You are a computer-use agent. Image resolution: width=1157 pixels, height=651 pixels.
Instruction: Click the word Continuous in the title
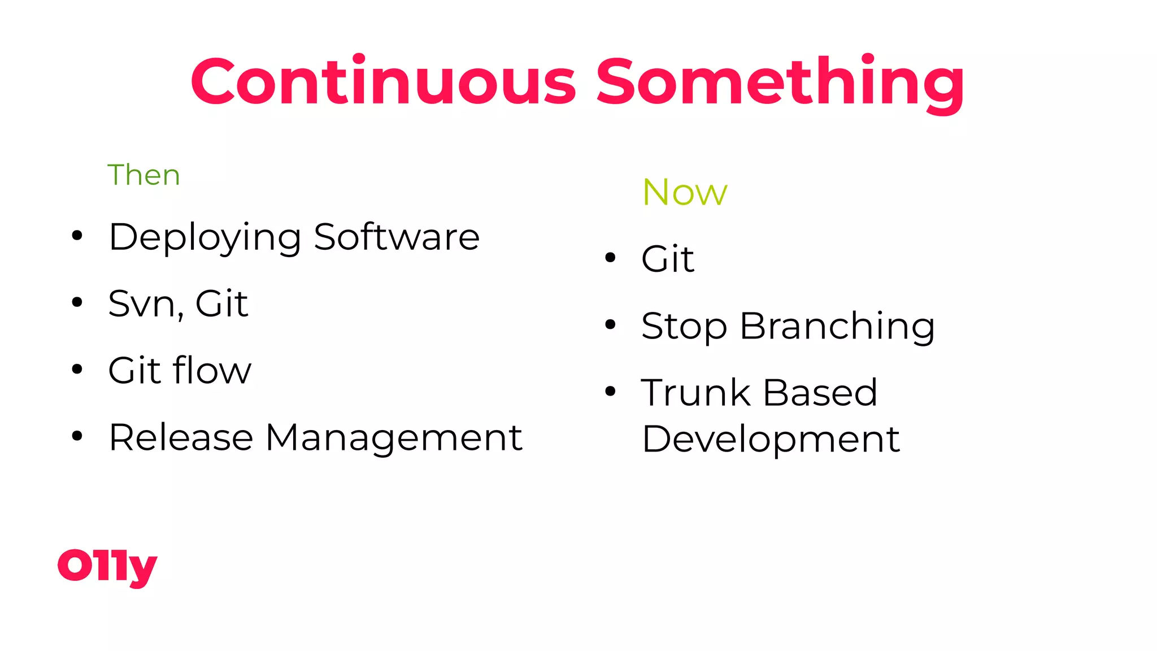[383, 82]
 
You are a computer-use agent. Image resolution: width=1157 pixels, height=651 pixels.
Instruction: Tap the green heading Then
[143, 175]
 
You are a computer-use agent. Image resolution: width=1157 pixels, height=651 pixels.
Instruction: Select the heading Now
[684, 192]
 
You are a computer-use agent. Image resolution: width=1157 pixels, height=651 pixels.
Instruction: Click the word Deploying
[205, 237]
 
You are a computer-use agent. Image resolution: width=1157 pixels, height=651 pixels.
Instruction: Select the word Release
[181, 437]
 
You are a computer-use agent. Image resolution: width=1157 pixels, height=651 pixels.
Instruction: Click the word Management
[394, 439]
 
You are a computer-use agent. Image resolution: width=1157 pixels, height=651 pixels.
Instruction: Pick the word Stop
[684, 327]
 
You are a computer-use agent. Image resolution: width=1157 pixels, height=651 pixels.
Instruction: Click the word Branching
[837, 327]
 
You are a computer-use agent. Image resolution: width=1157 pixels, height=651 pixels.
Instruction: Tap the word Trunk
[695, 392]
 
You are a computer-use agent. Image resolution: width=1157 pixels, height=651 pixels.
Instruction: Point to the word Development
[771, 440]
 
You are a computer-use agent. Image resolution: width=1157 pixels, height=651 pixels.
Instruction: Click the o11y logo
[107, 566]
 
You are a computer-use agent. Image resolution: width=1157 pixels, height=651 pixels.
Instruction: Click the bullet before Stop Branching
[610, 324]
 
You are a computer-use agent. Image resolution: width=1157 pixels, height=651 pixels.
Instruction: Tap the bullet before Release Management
[77, 436]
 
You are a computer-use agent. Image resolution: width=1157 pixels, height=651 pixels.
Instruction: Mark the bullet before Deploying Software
[77, 235]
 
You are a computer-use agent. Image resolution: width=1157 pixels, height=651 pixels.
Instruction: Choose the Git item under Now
[667, 259]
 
